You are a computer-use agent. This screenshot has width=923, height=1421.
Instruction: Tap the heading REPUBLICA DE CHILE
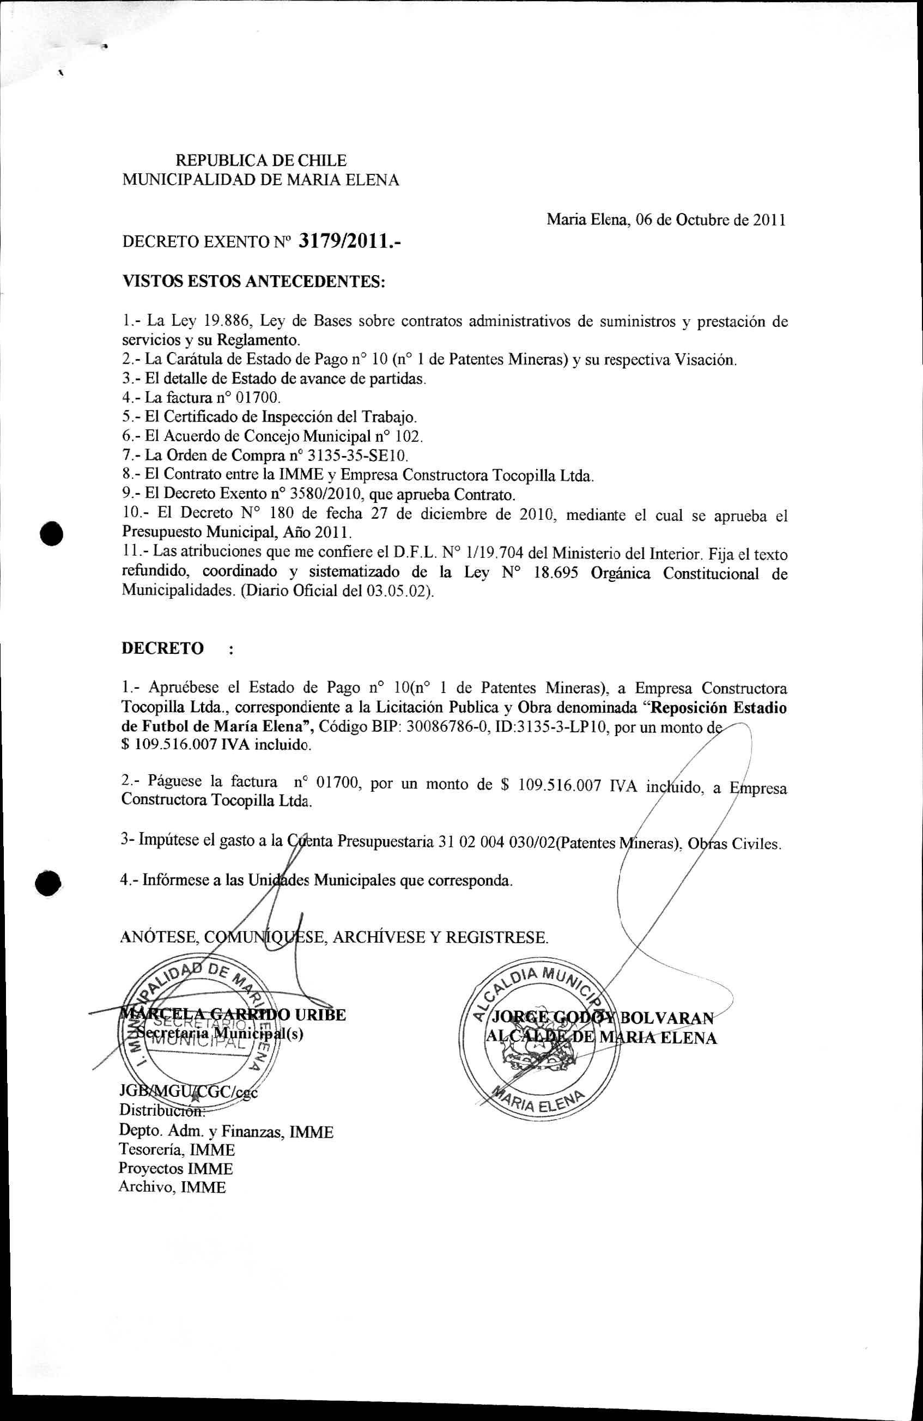pyautogui.click(x=261, y=161)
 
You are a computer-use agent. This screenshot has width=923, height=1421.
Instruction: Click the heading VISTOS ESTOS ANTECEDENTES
pyautogui.click(x=254, y=281)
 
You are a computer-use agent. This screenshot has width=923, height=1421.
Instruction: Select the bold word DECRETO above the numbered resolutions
pyautogui.click(x=162, y=648)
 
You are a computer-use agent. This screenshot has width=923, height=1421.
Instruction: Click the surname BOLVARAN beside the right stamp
pyautogui.click(x=667, y=1018)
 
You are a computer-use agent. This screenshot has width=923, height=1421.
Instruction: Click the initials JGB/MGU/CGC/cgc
pyautogui.click(x=188, y=1091)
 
